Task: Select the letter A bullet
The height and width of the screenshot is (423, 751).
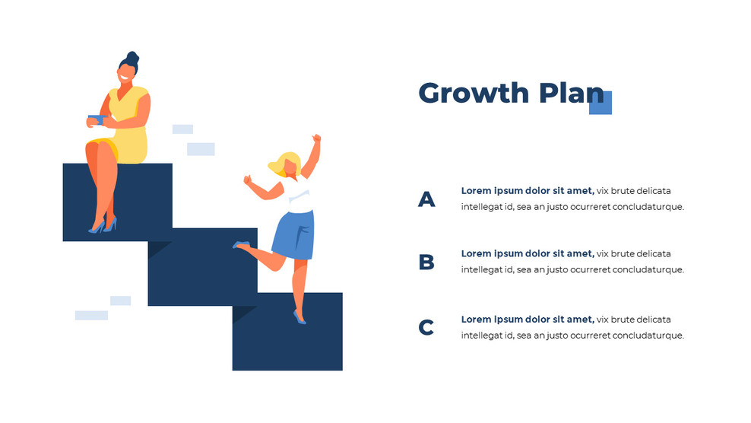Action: click(x=426, y=199)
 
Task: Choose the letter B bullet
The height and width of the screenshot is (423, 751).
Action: click(x=426, y=262)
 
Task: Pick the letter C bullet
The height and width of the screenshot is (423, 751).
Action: click(x=426, y=328)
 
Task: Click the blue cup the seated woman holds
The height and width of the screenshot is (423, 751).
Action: click(x=95, y=119)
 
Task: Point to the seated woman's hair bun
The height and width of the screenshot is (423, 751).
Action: click(x=132, y=57)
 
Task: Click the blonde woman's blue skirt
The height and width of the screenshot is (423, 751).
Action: click(x=294, y=234)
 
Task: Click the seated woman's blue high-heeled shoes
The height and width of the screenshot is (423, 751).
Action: click(x=102, y=226)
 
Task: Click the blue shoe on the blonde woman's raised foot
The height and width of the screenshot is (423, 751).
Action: click(x=241, y=245)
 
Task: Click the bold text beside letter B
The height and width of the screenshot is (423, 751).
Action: click(x=527, y=253)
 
